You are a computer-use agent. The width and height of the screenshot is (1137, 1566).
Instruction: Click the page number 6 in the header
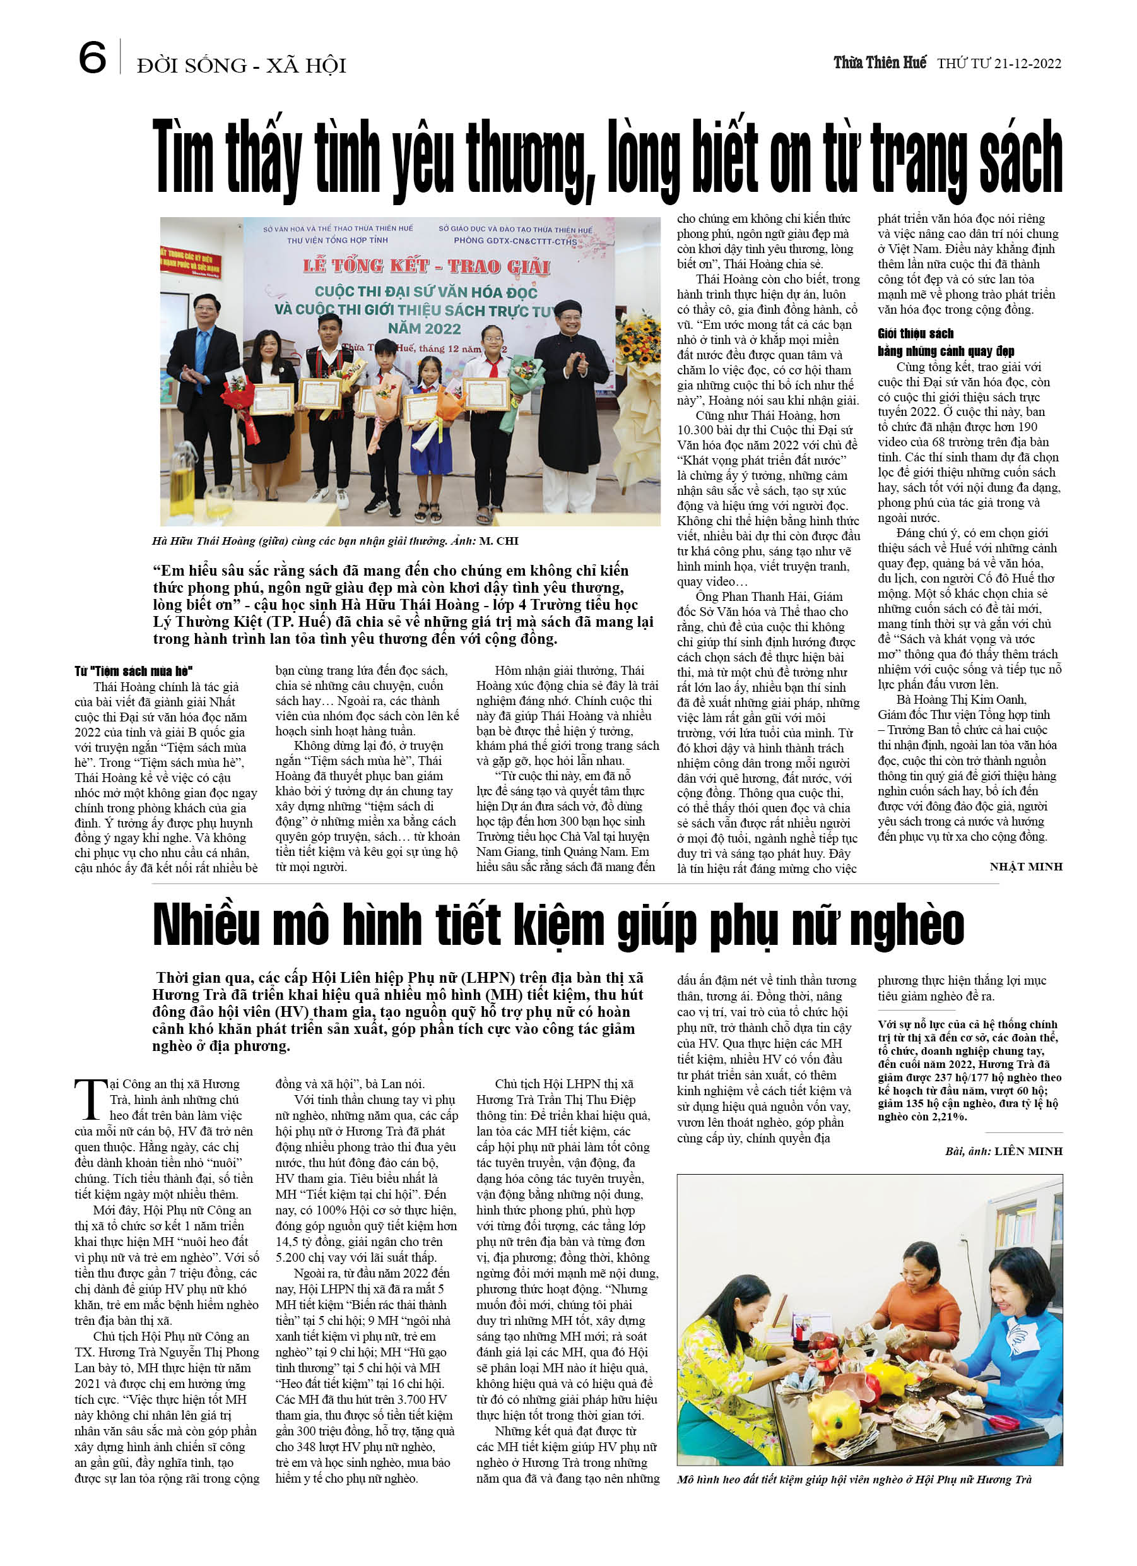tap(93, 57)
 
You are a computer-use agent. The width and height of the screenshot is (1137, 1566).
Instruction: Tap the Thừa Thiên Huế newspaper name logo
tap(880, 63)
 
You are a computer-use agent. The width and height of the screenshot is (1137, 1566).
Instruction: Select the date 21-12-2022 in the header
tap(1027, 64)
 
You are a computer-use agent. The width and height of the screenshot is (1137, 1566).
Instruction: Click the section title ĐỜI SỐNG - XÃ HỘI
tap(242, 66)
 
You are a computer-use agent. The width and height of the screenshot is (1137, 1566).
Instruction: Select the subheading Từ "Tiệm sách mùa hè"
tap(133, 670)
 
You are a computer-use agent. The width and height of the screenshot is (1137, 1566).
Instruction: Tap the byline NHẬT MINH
tap(1026, 867)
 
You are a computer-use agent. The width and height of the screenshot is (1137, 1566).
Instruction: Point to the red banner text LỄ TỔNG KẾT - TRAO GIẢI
tap(426, 266)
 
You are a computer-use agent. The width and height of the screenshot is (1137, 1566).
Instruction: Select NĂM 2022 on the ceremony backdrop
tap(424, 328)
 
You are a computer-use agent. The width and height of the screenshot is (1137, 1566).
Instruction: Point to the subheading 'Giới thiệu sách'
tap(916, 333)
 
